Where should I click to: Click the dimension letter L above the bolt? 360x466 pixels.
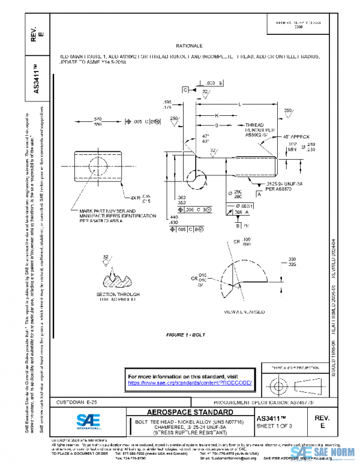click(x=240, y=104)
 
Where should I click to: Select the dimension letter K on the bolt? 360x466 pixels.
click(x=216, y=115)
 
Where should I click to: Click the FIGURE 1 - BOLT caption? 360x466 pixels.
click(x=187, y=333)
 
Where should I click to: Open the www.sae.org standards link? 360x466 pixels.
click(x=191, y=383)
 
